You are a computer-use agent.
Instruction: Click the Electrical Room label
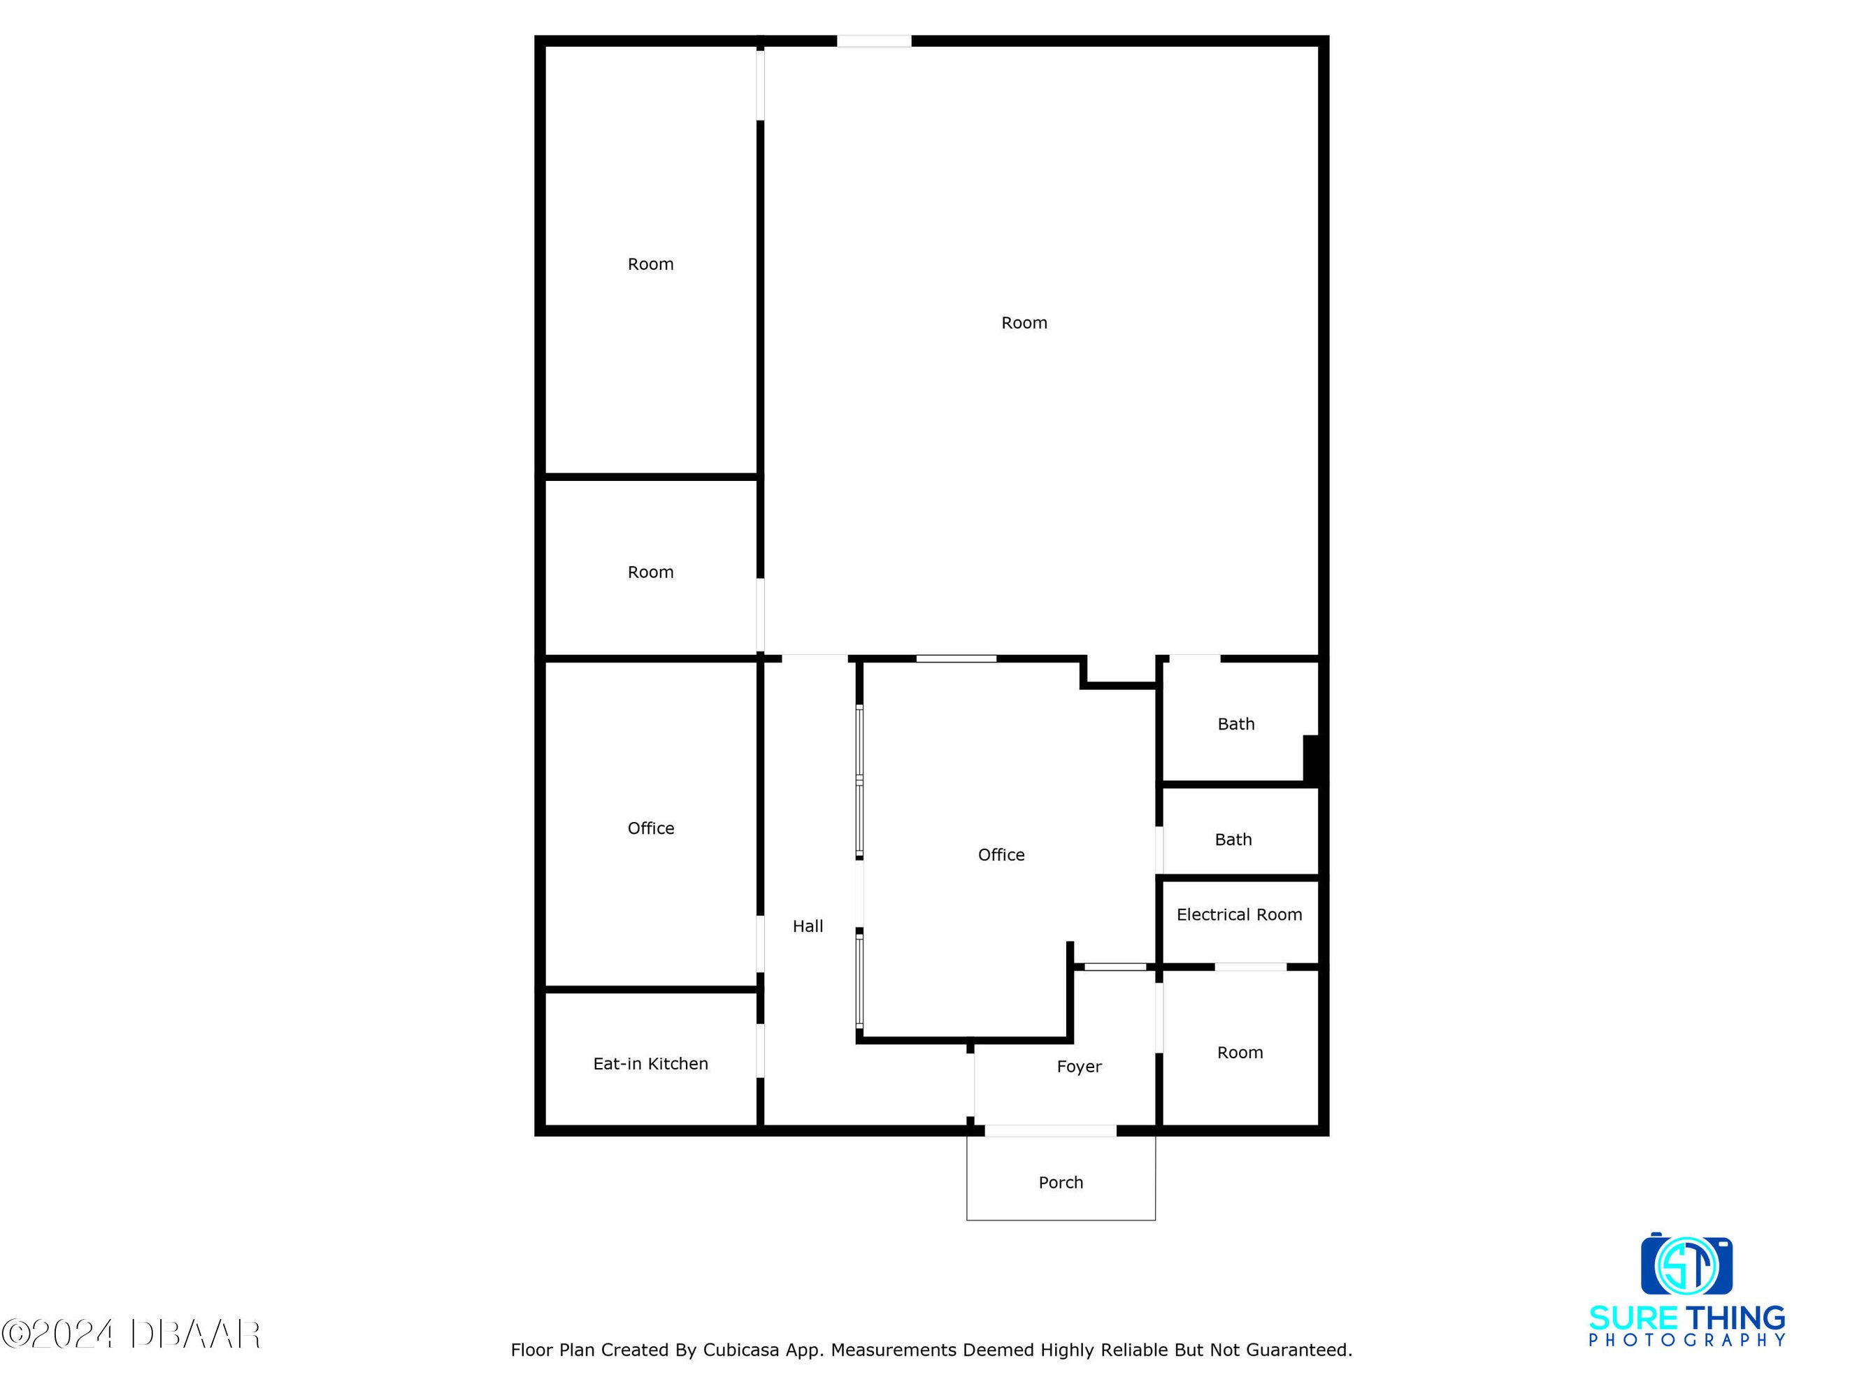point(1239,914)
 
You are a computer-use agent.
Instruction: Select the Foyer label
point(1080,1067)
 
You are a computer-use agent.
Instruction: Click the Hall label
point(808,926)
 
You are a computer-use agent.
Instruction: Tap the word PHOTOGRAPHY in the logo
point(1687,1340)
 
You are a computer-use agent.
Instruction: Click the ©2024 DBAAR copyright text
point(131,1334)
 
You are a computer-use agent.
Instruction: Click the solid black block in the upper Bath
point(1311,758)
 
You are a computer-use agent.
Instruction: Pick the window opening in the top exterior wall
point(874,41)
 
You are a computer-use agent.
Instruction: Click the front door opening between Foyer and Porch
point(1051,1130)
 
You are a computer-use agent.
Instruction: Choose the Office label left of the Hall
point(650,828)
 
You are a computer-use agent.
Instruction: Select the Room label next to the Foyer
point(1240,1053)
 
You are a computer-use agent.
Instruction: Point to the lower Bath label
point(1233,839)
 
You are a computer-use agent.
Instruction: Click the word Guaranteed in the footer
point(1299,1350)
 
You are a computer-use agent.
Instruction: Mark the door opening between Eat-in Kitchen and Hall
point(760,1050)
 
